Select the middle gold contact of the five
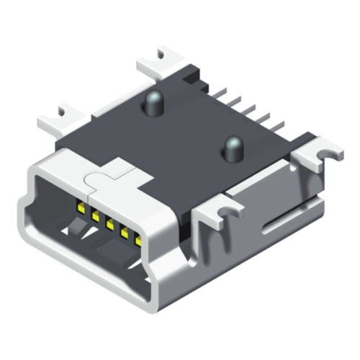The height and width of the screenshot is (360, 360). [110, 222]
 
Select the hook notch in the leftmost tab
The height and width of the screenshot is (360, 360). [67, 110]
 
